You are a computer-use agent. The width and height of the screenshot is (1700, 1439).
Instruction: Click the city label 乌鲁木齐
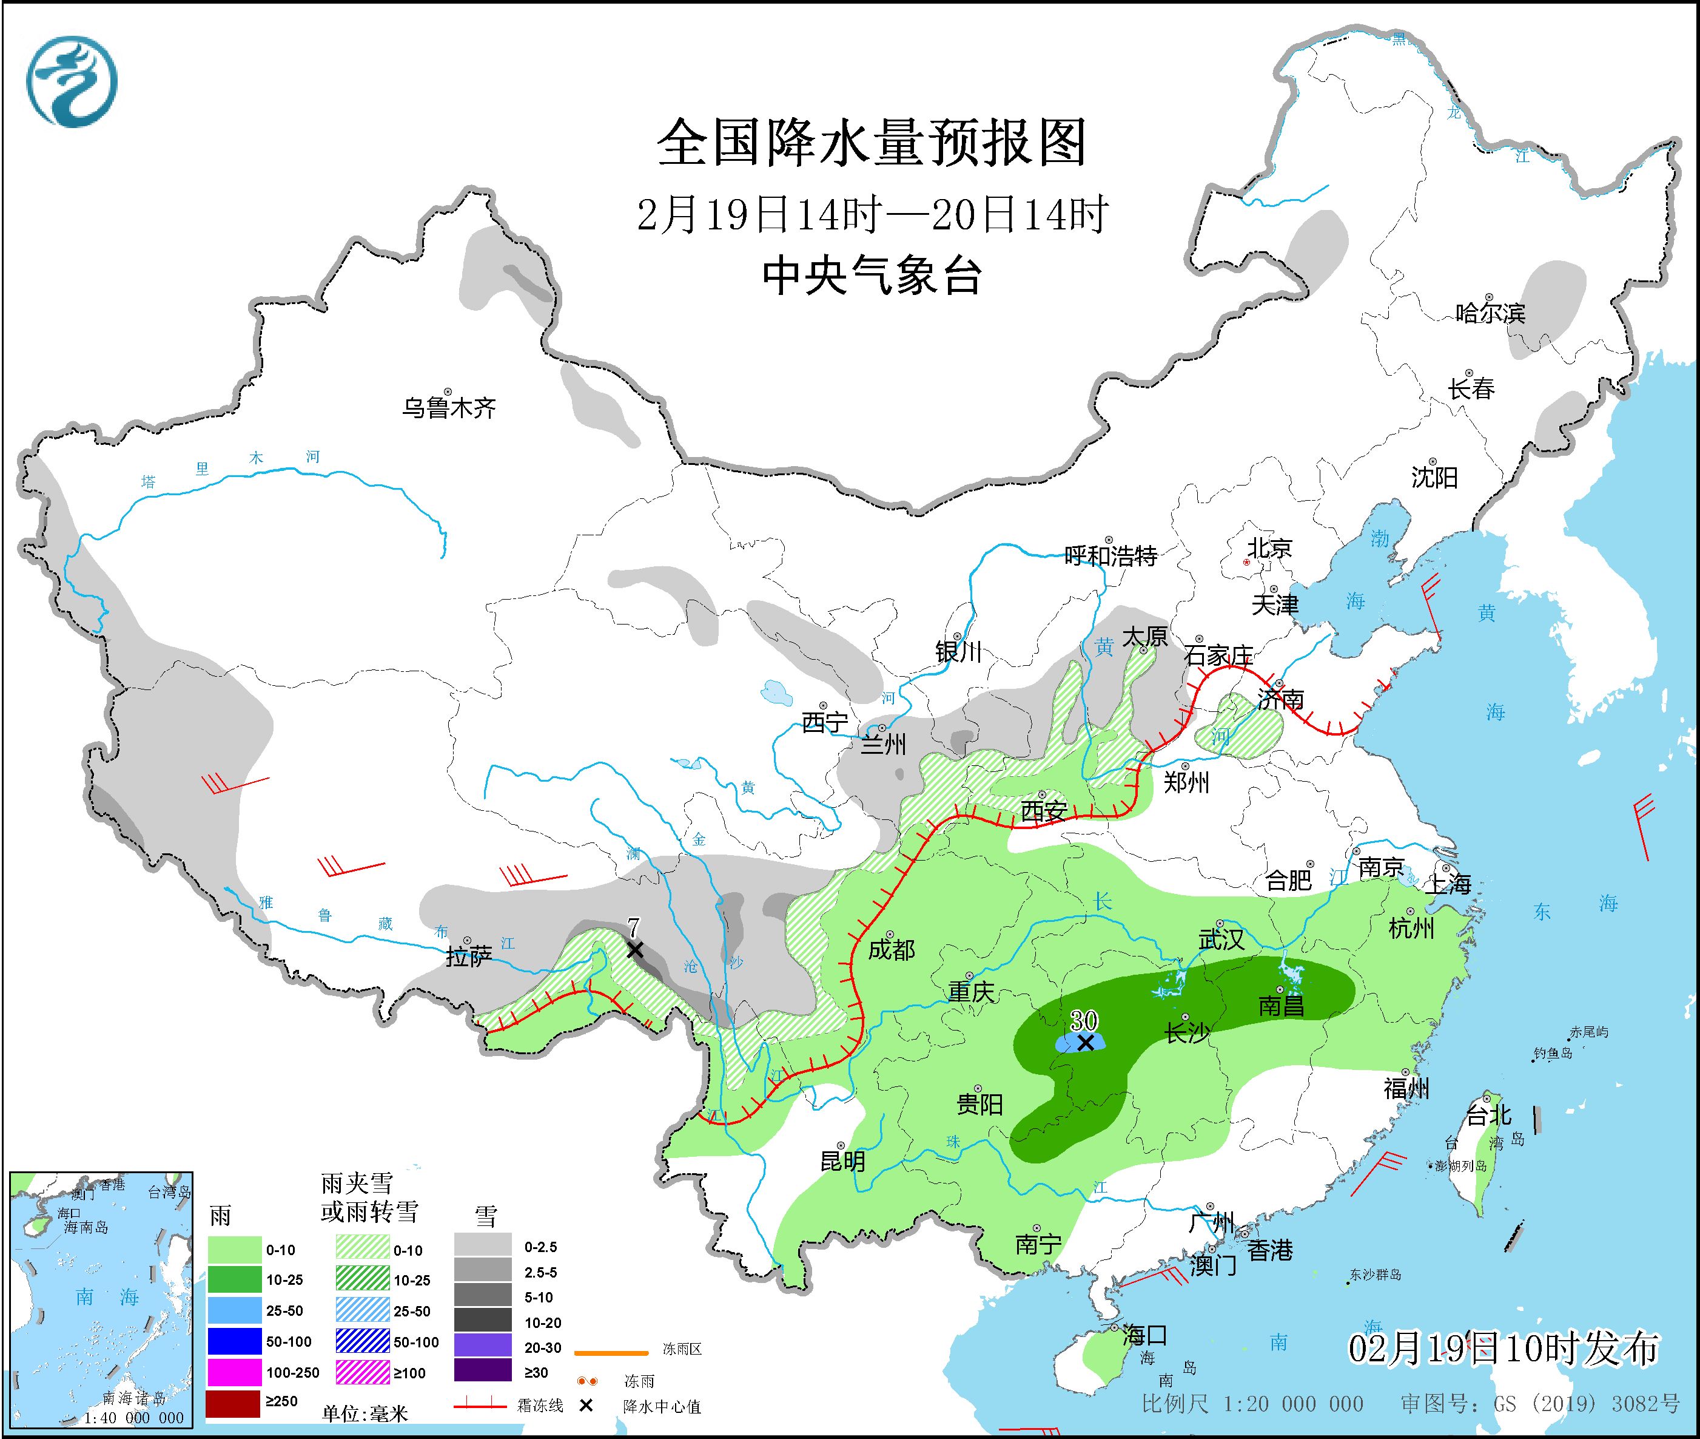(448, 407)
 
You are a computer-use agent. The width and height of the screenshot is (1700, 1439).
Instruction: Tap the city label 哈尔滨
(1490, 313)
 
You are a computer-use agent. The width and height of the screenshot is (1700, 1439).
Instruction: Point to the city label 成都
(891, 950)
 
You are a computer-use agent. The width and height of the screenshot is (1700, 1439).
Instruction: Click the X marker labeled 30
(1084, 1043)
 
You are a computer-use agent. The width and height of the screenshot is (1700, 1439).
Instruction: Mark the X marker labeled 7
(634, 950)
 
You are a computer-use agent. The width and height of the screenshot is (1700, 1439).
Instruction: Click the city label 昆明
(842, 1161)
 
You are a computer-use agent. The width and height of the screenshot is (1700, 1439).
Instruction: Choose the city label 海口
(1144, 1335)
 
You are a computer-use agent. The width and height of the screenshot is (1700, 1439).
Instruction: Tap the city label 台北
(1489, 1114)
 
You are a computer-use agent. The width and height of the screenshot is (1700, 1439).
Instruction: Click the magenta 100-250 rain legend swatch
(232, 1373)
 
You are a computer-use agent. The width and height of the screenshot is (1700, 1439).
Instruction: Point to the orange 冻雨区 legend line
(611, 1353)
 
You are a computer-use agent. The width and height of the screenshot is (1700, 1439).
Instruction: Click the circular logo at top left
(71, 81)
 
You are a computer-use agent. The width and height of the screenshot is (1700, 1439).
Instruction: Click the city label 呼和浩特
(1110, 557)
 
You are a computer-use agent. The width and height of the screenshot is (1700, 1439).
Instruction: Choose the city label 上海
(1448, 884)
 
